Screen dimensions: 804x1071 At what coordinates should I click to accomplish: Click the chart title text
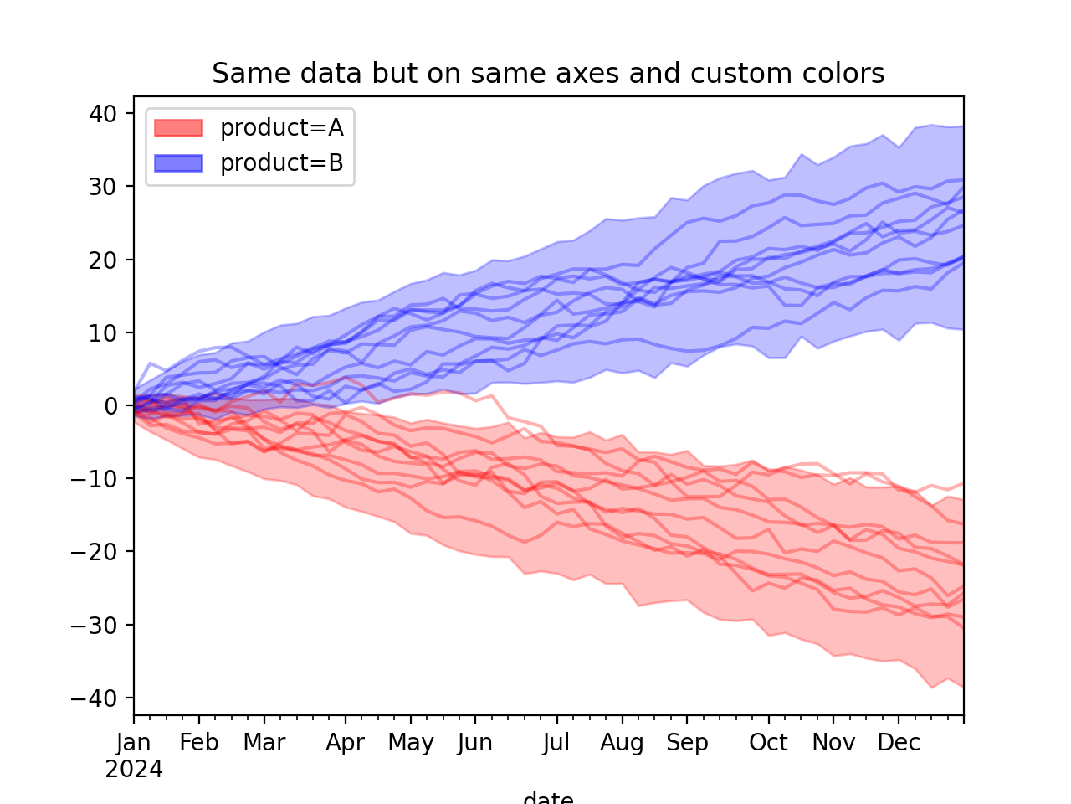click(548, 74)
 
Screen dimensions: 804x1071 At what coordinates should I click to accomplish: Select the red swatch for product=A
click(178, 127)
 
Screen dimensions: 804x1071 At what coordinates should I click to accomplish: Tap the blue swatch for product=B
click(178, 163)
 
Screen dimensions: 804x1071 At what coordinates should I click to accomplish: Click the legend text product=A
click(281, 127)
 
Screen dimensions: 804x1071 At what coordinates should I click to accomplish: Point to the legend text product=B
click(281, 163)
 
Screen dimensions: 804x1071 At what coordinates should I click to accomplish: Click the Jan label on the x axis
click(134, 743)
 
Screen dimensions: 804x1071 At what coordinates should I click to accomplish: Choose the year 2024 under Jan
click(134, 769)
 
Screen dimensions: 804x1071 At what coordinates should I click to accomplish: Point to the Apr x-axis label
click(346, 743)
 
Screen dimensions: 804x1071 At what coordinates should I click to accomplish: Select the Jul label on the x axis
click(556, 743)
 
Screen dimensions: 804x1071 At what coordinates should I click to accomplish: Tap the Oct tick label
click(768, 743)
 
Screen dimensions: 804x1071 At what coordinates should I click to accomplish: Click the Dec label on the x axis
click(899, 743)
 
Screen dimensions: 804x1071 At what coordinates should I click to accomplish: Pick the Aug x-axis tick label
click(622, 743)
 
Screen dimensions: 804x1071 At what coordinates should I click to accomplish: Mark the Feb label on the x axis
click(199, 743)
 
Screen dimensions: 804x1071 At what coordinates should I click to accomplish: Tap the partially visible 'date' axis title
click(548, 798)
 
